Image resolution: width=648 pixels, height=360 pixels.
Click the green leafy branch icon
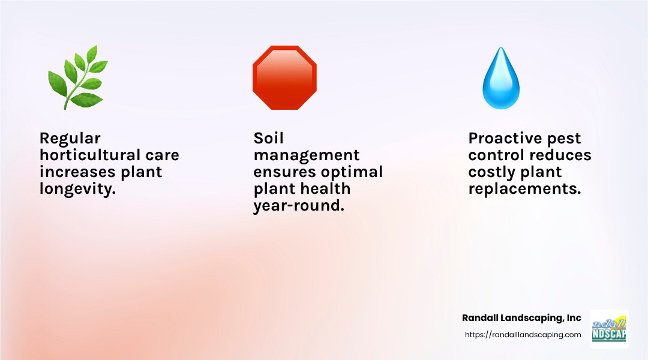(x=77, y=77)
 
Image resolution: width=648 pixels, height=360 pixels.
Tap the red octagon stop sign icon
(x=284, y=77)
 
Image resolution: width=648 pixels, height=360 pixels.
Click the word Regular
(x=70, y=139)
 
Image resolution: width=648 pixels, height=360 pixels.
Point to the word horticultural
(x=89, y=155)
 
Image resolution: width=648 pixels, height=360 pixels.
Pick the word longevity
(x=77, y=189)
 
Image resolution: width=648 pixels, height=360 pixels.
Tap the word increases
(x=76, y=172)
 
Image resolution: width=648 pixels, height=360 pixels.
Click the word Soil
(x=268, y=139)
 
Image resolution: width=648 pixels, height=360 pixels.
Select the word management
(x=307, y=155)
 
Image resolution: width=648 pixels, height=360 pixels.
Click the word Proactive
(x=504, y=139)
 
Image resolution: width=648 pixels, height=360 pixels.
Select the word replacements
(x=524, y=189)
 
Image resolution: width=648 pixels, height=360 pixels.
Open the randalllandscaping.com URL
(x=523, y=335)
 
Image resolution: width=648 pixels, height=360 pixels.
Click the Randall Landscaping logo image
(x=609, y=329)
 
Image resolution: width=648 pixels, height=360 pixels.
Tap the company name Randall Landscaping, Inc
(x=521, y=318)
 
